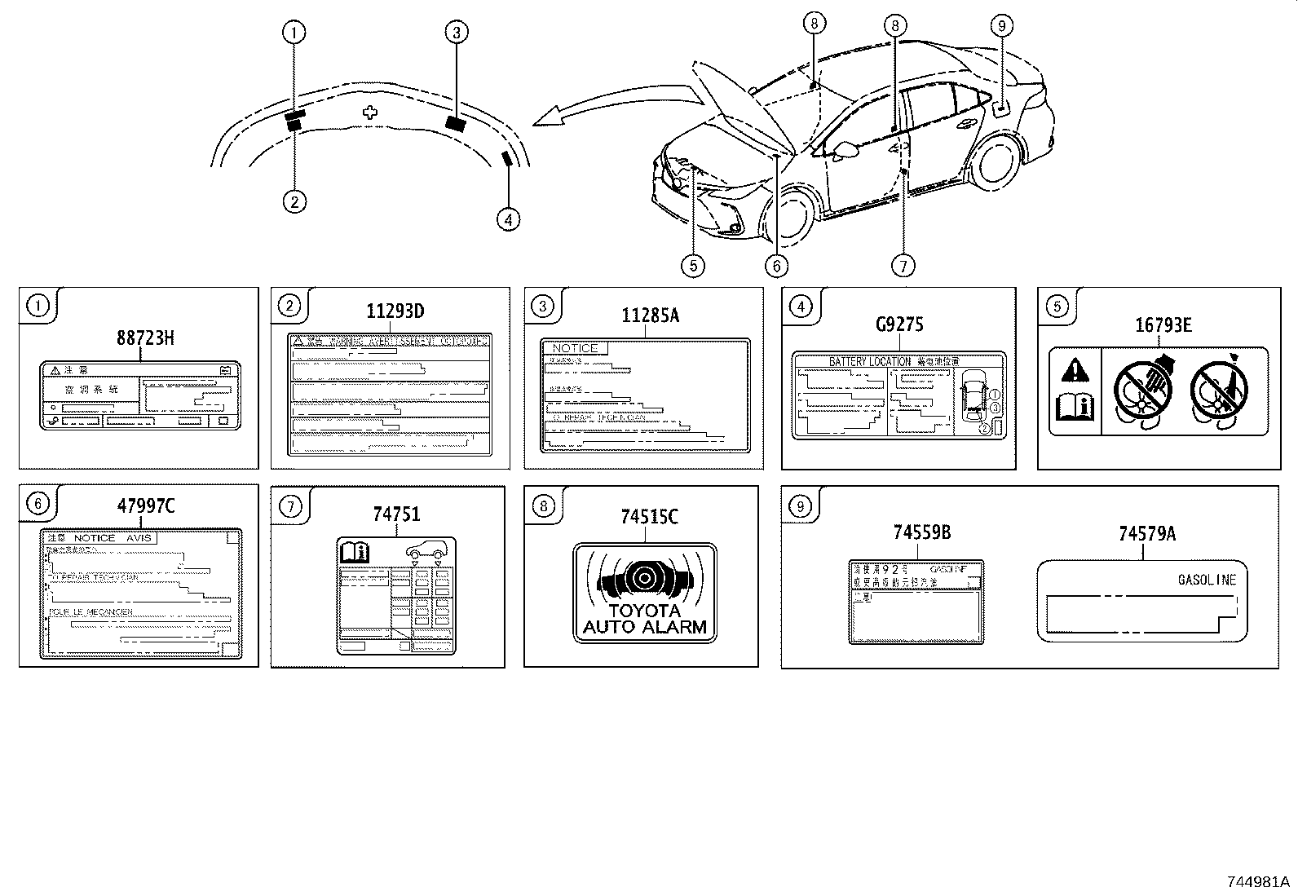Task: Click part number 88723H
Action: click(144, 338)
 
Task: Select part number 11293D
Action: click(395, 311)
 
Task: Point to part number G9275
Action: click(899, 325)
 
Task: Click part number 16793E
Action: click(1163, 326)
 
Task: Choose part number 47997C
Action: click(145, 506)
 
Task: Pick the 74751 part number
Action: click(396, 514)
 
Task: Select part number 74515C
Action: click(649, 517)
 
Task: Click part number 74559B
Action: click(921, 534)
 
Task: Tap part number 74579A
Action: click(1146, 534)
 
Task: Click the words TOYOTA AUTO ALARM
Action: click(644, 620)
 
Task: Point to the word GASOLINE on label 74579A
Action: click(1207, 580)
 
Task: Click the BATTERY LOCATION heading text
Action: click(869, 361)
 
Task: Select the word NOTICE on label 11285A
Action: click(575, 348)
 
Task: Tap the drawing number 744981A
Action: click(1258, 882)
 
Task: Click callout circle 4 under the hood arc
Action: click(507, 219)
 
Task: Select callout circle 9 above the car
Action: click(1002, 26)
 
